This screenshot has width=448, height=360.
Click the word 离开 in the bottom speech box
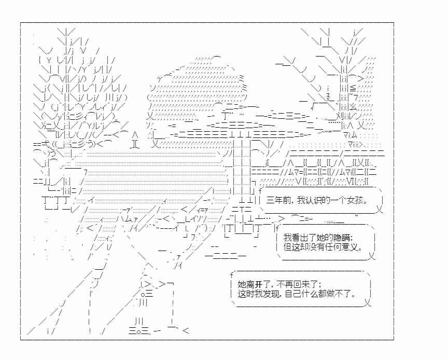[250, 284]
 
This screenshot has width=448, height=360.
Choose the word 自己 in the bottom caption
[293, 294]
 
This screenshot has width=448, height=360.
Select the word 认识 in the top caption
[313, 200]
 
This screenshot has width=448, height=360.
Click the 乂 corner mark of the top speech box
[380, 209]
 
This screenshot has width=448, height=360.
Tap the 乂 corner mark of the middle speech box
[371, 256]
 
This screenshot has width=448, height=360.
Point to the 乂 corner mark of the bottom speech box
[368, 302]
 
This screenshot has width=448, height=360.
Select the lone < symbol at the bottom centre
[186, 331]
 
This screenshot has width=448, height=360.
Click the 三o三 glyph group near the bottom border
[139, 331]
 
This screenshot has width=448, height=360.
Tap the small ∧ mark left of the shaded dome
[136, 134]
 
